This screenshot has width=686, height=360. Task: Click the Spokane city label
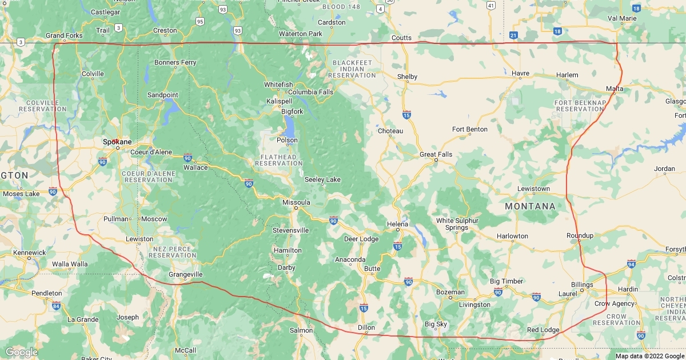point(117,141)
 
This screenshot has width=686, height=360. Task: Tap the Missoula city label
point(296,202)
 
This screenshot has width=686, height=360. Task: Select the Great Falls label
point(436,154)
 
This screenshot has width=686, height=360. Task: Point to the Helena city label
point(397,224)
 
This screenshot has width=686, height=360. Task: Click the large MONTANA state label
point(530,206)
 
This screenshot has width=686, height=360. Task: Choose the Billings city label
point(582,285)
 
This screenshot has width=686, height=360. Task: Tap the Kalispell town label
point(279,101)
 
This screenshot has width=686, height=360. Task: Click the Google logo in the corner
point(21,352)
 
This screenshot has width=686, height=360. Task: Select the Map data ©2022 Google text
point(649,356)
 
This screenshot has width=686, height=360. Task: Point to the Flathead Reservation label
point(278,160)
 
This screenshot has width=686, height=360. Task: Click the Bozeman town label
point(450,292)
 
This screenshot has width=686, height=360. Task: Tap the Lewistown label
point(533,189)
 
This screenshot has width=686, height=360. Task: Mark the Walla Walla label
point(70,264)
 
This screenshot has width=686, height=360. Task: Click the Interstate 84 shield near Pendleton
point(56,306)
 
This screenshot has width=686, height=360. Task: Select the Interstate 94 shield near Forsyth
point(631,264)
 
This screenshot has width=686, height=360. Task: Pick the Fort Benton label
point(470,129)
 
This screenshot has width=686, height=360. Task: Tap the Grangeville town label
point(186,274)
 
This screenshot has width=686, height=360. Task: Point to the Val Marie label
point(621,18)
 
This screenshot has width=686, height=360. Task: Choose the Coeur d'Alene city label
point(151,152)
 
